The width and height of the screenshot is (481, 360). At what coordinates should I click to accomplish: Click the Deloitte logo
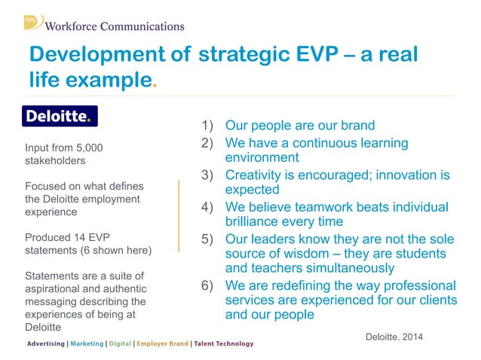tap(59, 116)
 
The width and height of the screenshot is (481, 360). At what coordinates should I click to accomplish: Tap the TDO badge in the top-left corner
tap(32, 21)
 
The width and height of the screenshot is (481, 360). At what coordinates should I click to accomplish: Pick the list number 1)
tap(207, 125)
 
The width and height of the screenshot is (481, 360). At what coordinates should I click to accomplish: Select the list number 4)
tap(207, 207)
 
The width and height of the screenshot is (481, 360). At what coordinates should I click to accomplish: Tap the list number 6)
tap(207, 286)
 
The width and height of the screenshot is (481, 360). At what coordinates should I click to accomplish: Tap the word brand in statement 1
tap(355, 125)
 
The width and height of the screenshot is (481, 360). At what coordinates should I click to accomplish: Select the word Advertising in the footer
tap(45, 344)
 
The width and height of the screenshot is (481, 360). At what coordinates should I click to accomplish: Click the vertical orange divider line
tap(179, 215)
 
